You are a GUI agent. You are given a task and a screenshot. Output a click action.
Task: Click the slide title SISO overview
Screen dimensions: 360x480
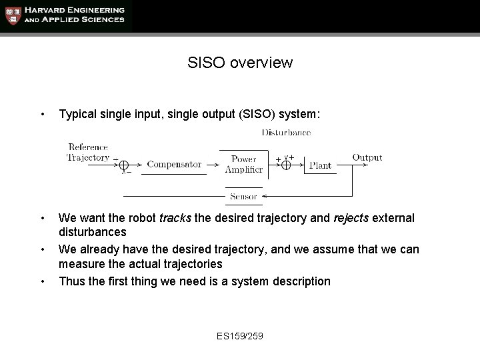point(240,63)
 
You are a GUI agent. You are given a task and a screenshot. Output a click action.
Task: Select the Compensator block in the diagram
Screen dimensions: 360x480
point(174,164)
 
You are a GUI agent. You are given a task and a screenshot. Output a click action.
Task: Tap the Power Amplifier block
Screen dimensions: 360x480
point(243,164)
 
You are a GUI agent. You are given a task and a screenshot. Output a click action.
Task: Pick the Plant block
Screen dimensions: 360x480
point(320,165)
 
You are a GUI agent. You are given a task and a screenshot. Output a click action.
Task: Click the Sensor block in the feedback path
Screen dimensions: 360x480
point(243,197)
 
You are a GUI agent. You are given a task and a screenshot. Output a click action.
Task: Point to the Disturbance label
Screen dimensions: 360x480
point(286,133)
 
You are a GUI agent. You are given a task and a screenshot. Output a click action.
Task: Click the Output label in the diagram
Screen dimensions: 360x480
point(367,158)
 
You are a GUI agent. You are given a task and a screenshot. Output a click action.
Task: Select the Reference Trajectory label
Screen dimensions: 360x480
point(88,152)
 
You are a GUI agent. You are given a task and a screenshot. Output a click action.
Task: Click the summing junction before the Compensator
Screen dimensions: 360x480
point(125,164)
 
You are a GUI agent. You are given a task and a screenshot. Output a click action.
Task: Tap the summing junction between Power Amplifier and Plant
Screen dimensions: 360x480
point(286,165)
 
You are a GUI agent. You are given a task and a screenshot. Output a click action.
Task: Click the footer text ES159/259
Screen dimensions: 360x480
point(240,335)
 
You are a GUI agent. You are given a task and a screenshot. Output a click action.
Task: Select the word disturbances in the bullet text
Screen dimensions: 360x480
point(92,232)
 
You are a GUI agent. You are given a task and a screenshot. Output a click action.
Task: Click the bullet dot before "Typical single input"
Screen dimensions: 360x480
point(43,115)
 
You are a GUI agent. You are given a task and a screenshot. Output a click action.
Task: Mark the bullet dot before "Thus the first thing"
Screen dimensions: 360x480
point(43,281)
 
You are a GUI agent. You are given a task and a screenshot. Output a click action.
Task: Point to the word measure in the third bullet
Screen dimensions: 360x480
point(80,264)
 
